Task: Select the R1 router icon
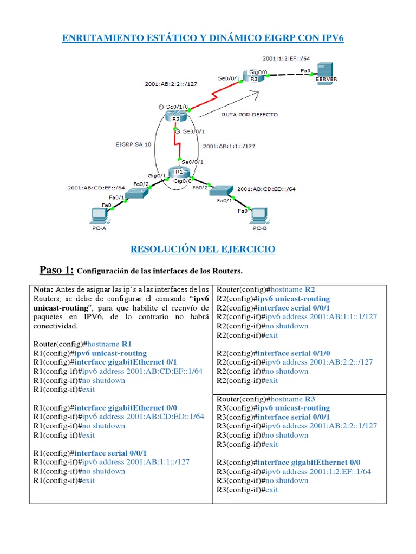tap(179, 173)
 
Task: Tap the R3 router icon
tap(253, 75)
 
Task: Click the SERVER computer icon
tap(326, 71)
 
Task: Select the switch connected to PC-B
tap(222, 190)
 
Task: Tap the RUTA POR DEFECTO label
tap(250, 115)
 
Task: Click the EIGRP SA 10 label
tap(133, 144)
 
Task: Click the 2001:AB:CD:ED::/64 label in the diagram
tap(266, 189)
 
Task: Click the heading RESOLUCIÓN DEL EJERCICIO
tap(203, 249)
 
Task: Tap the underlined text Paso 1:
tap(56, 270)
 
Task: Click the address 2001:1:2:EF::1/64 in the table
tap(340, 471)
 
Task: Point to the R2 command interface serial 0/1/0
tap(296, 353)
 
